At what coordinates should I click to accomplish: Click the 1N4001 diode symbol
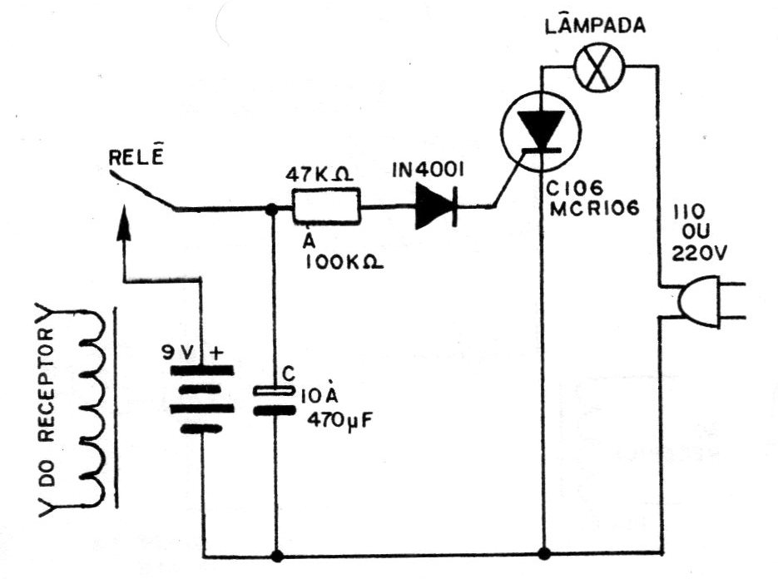pos(436,205)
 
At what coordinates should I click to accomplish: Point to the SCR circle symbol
pos(541,131)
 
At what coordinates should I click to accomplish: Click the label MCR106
pos(595,209)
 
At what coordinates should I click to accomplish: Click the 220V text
pos(699,253)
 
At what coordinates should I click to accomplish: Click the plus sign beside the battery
pos(217,353)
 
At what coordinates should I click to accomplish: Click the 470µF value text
pos(339,422)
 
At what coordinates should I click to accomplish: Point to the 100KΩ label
pos(344,261)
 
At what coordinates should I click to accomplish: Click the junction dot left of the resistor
pos(271,210)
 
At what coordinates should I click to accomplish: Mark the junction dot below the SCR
pos(544,552)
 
